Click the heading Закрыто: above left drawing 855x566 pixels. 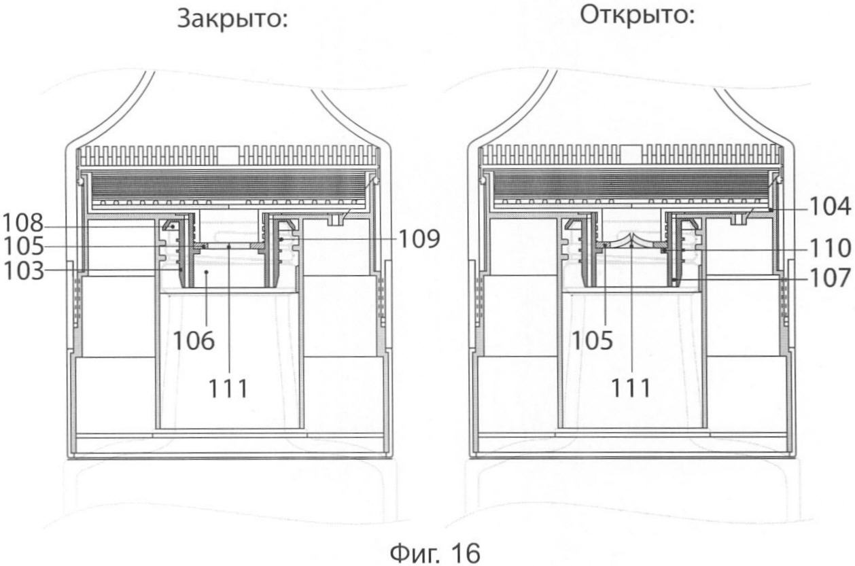click(232, 20)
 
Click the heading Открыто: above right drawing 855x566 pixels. click(637, 16)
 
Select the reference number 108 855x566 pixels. click(22, 224)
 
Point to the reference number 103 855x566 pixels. click(23, 271)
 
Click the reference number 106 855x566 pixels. click(194, 340)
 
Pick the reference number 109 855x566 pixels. click(419, 239)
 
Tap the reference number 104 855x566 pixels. click(831, 207)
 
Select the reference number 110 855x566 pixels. click(831, 248)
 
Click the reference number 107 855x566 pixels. click(831, 278)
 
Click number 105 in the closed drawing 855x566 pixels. click(23, 247)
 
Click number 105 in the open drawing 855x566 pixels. click(592, 340)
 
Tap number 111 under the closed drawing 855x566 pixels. click(228, 389)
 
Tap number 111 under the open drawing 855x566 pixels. click(631, 388)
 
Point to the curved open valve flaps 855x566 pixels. click(631, 241)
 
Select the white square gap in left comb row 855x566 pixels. click(228, 156)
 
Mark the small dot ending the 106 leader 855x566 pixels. click(207, 272)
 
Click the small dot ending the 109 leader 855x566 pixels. click(281, 239)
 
